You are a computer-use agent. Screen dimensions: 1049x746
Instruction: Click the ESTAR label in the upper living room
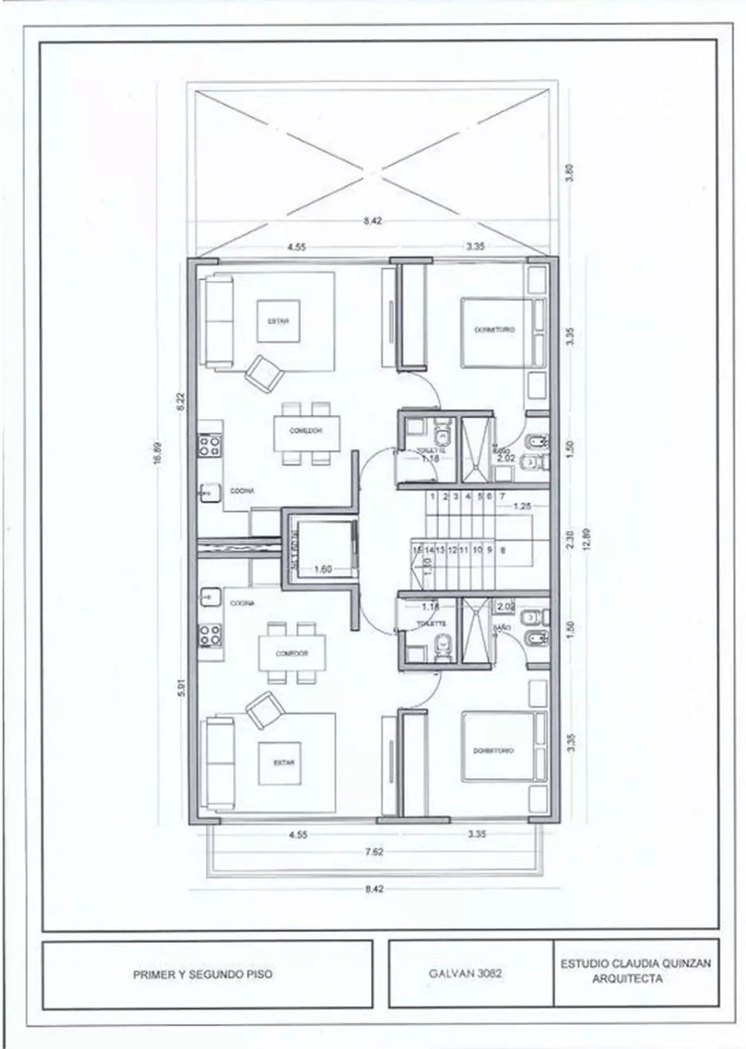click(278, 321)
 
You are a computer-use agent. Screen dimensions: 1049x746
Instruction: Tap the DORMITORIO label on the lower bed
click(493, 751)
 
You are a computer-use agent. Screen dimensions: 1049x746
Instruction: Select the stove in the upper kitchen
click(209, 445)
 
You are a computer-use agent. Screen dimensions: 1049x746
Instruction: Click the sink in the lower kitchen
click(209, 597)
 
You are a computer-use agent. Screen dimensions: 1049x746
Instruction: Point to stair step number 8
click(503, 550)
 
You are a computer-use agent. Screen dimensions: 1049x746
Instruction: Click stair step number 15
click(417, 550)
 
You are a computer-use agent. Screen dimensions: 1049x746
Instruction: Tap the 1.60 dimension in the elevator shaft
click(323, 569)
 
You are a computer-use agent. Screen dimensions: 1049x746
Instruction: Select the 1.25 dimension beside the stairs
click(522, 506)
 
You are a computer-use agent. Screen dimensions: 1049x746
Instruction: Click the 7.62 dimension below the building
click(374, 851)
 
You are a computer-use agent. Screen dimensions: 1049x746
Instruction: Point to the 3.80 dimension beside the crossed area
click(570, 173)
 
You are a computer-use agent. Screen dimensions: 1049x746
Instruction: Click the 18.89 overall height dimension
click(158, 453)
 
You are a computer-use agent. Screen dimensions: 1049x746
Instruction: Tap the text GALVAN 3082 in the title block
click(465, 974)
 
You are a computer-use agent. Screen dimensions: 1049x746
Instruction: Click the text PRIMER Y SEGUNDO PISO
click(203, 974)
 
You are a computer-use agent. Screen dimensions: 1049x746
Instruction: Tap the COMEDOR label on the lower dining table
click(291, 653)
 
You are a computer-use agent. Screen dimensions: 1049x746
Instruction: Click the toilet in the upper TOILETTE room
click(440, 435)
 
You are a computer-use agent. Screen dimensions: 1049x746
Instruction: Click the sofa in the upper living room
click(218, 321)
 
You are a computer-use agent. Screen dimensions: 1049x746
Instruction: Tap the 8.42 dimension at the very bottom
click(374, 889)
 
